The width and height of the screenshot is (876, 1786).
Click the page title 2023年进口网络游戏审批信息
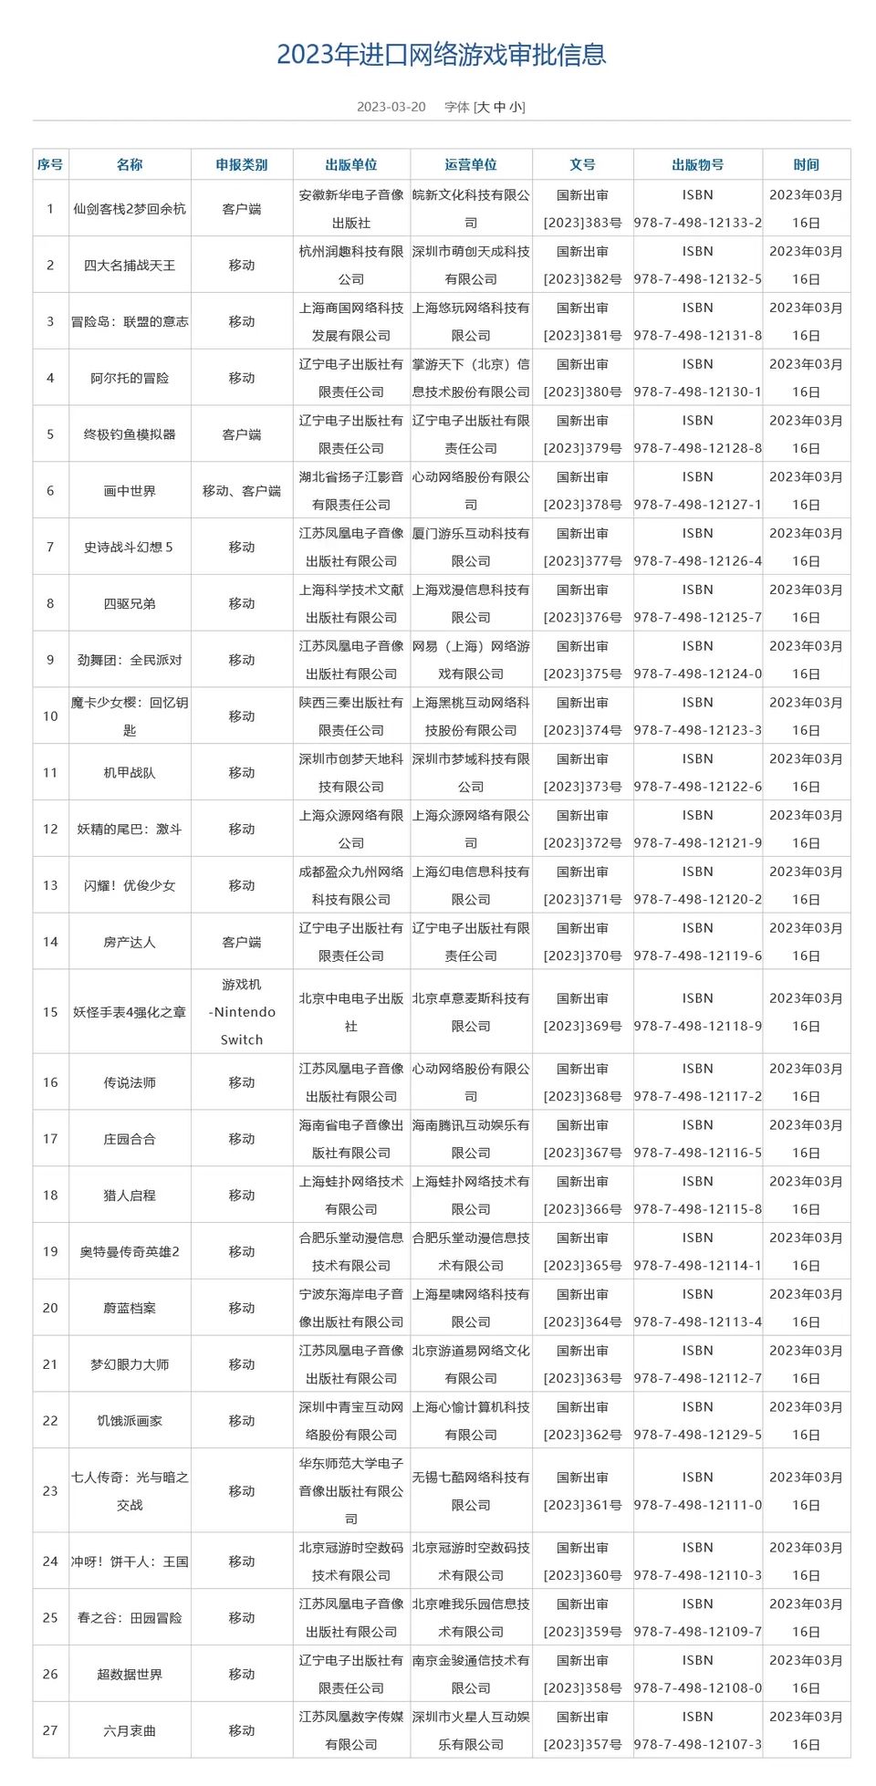coord(442,55)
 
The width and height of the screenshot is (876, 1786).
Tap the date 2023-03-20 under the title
coord(391,107)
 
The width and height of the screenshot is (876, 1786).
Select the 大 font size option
coord(483,107)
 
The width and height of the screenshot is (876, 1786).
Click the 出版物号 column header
coord(697,165)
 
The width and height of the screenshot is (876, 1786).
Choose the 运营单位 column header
coord(471,165)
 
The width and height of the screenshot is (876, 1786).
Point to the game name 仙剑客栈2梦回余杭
coord(130,209)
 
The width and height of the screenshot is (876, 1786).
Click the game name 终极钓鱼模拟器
coord(130,434)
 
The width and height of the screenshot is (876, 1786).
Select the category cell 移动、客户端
coord(242,491)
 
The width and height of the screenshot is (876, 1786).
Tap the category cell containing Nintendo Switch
coord(242,1012)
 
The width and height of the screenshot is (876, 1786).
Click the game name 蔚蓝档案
coord(130,1308)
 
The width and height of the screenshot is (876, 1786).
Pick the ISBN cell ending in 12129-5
coord(697,1435)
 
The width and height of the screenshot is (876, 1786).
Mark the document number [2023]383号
coord(582,223)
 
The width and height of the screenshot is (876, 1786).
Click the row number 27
coord(50,1730)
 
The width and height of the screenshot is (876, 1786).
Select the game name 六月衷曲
coord(130,1730)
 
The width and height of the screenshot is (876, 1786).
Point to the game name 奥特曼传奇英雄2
coord(130,1251)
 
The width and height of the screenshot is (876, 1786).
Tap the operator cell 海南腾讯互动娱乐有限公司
coord(471,1139)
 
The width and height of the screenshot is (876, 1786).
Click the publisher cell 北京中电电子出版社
coord(351,1012)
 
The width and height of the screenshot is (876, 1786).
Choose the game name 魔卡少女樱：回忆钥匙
coord(130,716)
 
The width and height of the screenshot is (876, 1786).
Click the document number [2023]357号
coord(582,1744)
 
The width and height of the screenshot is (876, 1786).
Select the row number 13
coord(50,885)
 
